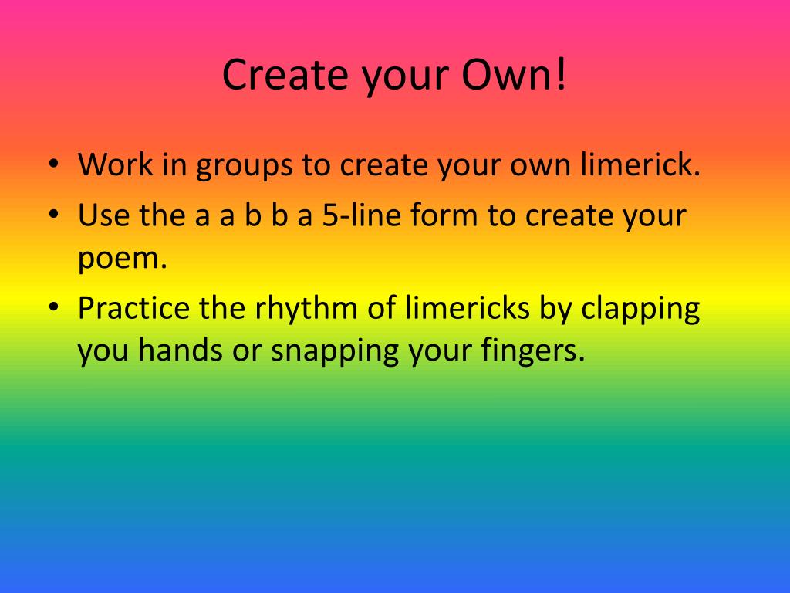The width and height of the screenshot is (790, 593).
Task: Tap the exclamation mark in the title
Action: (x=561, y=75)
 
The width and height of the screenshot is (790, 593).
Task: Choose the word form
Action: (x=444, y=215)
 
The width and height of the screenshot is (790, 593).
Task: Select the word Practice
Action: (x=133, y=309)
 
